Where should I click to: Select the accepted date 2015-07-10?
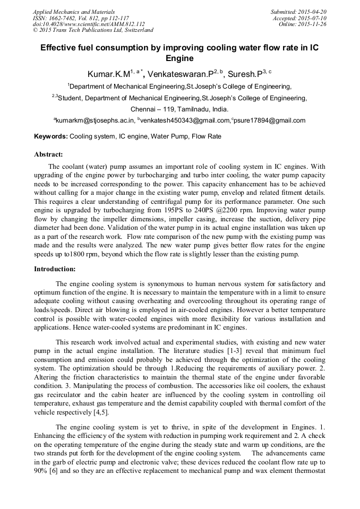pyautogui.click(x=313, y=18)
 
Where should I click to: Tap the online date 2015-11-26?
pyautogui.click(x=313, y=24)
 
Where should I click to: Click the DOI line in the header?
pyautogui.click(x=89, y=24)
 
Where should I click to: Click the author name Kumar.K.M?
pyautogui.click(x=109, y=74)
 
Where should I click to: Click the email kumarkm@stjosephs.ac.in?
pyautogui.click(x=95, y=120)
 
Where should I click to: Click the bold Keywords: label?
pyautogui.click(x=51, y=136)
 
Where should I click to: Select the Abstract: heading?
pyautogui.click(x=48, y=154)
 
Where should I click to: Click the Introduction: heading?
pyautogui.click(x=55, y=269)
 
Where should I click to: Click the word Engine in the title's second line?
pyautogui.click(x=179, y=58)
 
